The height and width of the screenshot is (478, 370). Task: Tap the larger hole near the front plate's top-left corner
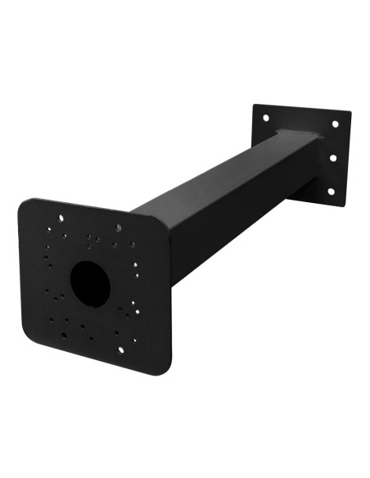coord(60,218)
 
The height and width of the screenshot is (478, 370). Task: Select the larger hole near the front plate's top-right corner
coord(120,227)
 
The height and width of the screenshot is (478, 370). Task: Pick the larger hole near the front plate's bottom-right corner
coord(121,349)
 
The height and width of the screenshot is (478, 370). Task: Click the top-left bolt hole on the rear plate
coord(265,118)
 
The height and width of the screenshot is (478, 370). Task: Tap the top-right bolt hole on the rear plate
coord(335,124)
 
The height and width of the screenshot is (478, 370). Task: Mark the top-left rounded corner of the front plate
coord(24,202)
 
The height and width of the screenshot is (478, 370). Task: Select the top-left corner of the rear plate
coord(255,106)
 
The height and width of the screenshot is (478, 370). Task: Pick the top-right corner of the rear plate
coord(350,114)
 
